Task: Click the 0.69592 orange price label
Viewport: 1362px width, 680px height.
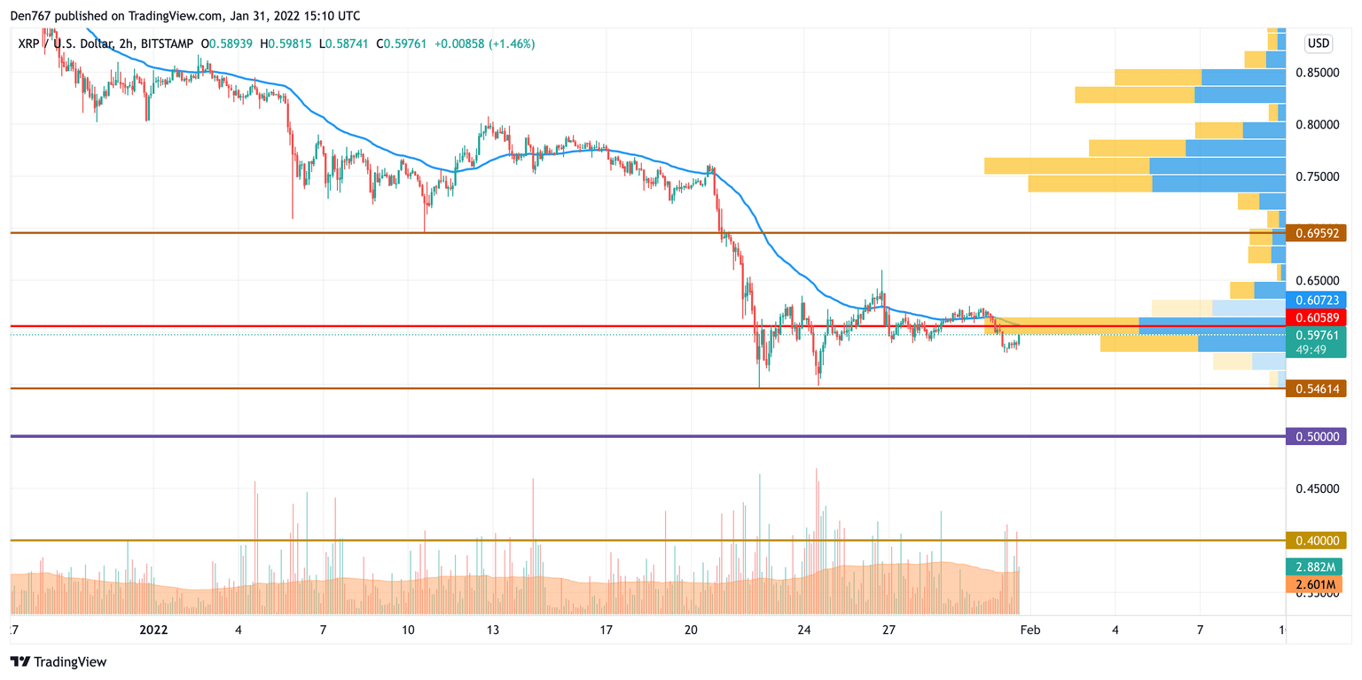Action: click(1316, 233)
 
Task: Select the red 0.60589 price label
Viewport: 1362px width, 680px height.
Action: click(1316, 317)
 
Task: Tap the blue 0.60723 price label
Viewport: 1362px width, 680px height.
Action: click(1316, 301)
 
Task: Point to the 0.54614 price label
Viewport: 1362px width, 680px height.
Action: click(1316, 388)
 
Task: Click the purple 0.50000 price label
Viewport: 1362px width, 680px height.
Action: click(1316, 436)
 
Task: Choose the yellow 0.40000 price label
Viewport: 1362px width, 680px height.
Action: click(1316, 540)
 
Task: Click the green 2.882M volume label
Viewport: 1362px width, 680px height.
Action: click(1313, 567)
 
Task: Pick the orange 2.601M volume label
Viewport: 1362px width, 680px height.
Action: click(1313, 584)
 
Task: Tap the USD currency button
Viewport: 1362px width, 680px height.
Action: click(1318, 43)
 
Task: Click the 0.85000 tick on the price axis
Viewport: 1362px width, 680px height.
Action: click(1316, 72)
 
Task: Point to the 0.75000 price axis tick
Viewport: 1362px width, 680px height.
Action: click(1316, 176)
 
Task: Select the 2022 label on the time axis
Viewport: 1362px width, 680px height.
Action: click(154, 629)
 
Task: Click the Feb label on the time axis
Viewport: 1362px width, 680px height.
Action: click(1029, 629)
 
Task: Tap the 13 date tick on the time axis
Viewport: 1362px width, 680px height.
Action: click(493, 629)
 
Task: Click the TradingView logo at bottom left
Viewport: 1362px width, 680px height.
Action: click(59, 661)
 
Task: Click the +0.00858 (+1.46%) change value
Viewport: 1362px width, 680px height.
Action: click(484, 43)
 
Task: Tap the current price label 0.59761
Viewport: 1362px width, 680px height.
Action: click(1316, 334)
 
